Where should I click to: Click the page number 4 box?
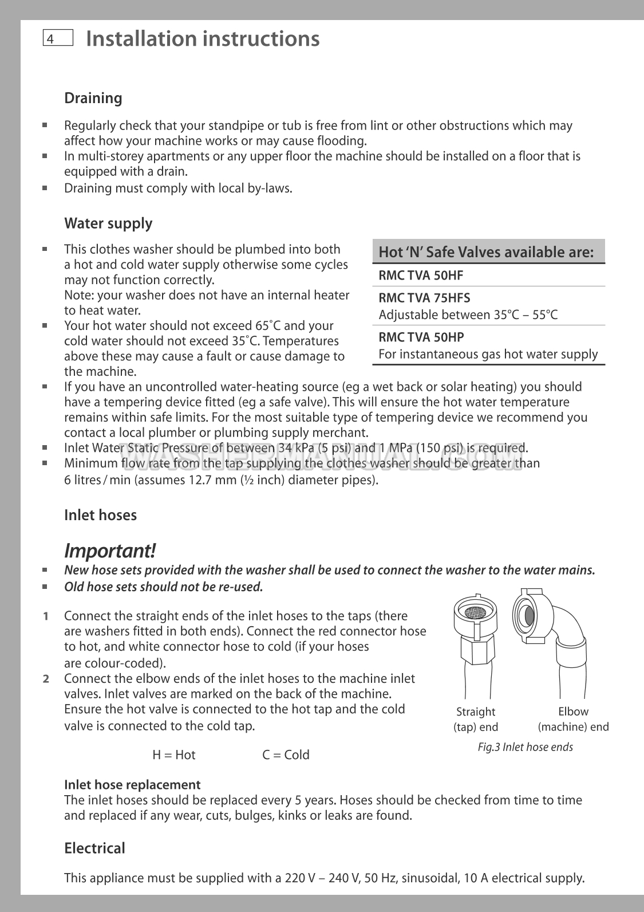(57, 38)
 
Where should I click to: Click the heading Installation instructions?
(203, 38)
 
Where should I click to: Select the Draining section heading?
(93, 98)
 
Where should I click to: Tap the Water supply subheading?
(108, 223)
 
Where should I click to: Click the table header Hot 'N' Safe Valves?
(486, 252)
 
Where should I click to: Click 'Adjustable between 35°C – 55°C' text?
(468, 315)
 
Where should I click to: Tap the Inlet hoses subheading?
(101, 515)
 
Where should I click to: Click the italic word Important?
(109, 551)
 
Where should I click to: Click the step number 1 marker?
(45, 616)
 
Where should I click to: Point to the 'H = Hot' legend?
(174, 755)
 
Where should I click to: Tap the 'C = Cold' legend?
(286, 755)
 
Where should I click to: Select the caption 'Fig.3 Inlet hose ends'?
(525, 747)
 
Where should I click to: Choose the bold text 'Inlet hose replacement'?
(132, 785)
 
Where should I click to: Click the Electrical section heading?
(94, 848)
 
